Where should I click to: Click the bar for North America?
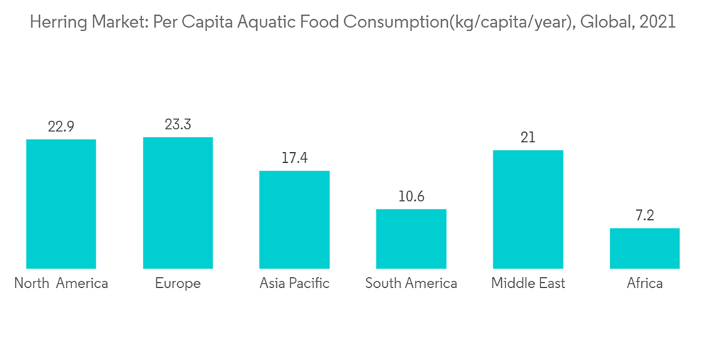click(61, 204)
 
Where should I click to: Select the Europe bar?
click(178, 203)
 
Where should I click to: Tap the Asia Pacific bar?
click(294, 219)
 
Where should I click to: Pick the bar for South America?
click(411, 239)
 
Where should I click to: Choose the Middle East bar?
click(528, 209)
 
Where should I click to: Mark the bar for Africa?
click(644, 248)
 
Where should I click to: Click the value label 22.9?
click(61, 127)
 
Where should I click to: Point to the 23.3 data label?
click(178, 125)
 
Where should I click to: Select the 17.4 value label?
click(294, 158)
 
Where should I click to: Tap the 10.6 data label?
click(411, 196)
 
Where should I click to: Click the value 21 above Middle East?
click(528, 138)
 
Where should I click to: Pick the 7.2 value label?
click(644, 216)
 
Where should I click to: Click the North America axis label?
click(61, 284)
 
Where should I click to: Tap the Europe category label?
click(178, 284)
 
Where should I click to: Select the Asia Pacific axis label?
click(294, 284)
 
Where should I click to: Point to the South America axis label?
click(411, 284)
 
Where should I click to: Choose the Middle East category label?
click(528, 284)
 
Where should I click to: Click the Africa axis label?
click(644, 284)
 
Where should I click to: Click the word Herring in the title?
click(56, 22)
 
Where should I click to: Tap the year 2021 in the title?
click(657, 22)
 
